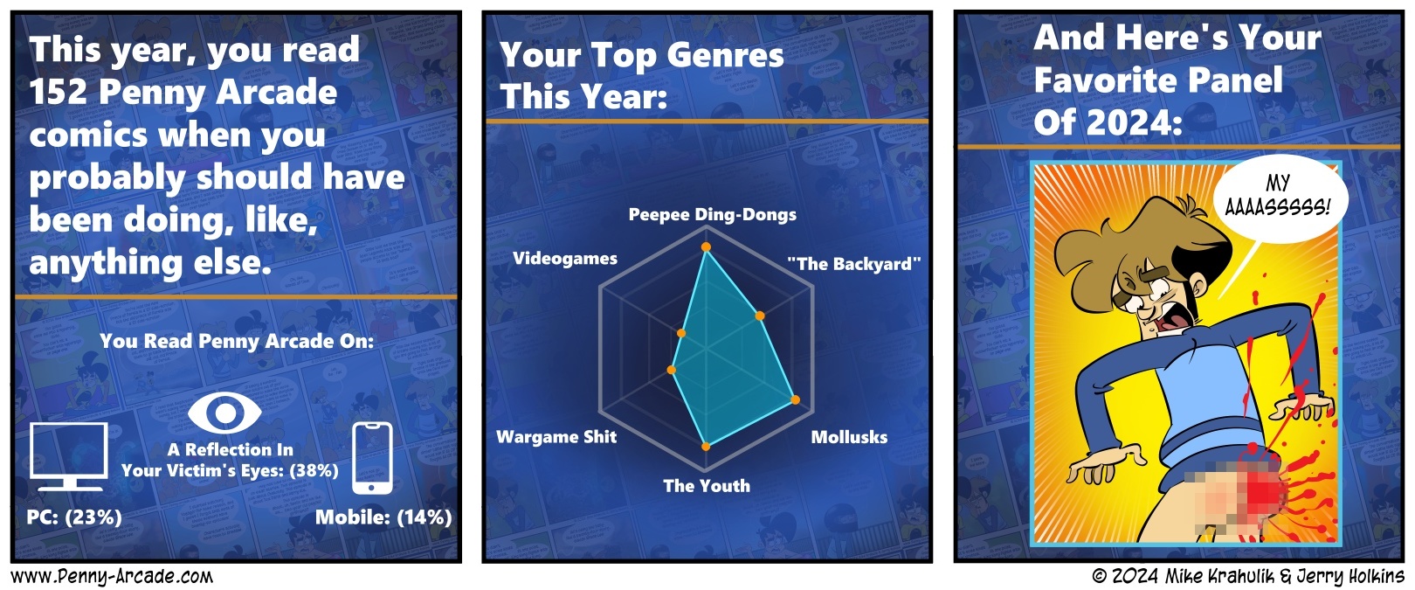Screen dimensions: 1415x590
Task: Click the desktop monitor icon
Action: click(69, 456)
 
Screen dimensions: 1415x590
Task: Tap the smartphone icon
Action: click(372, 458)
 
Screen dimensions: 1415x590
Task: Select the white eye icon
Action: click(224, 413)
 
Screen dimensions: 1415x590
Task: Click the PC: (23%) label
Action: click(74, 517)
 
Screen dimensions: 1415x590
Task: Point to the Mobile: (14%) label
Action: click(383, 517)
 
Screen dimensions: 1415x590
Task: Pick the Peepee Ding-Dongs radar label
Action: click(712, 215)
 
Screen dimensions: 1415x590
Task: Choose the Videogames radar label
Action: click(565, 258)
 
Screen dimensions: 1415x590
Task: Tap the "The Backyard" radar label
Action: click(854, 264)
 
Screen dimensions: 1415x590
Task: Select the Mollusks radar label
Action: click(849, 437)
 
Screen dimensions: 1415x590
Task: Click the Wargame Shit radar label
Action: click(556, 437)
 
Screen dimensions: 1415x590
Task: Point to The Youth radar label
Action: click(707, 486)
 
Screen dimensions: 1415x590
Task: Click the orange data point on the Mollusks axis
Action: click(796, 399)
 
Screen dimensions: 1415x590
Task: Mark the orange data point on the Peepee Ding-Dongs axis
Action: click(707, 246)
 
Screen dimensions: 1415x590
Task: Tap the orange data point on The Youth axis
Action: click(706, 447)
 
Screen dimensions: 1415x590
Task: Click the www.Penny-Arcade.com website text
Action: click(112, 577)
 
